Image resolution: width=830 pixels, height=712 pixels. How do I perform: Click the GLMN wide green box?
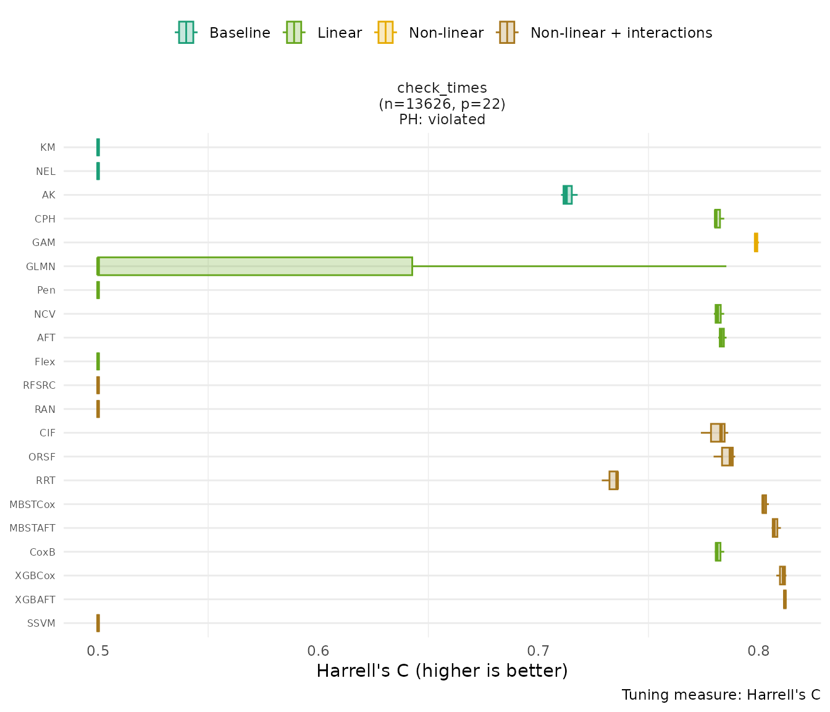coord(254,266)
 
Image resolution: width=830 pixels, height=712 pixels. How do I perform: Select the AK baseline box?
coord(567,195)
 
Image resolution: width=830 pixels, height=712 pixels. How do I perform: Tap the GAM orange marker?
coord(756,242)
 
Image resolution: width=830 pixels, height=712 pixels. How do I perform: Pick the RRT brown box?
coord(613,480)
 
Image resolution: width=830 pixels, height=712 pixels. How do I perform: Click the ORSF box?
coord(727,457)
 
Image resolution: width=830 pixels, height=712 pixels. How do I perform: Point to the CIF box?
coord(717,433)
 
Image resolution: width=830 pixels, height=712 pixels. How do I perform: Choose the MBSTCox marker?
coord(764,504)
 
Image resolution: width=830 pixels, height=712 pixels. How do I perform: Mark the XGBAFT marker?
coord(784,600)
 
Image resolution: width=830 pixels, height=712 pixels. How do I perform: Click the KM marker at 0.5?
coord(98,147)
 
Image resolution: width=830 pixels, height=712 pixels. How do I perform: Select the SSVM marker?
coord(98,623)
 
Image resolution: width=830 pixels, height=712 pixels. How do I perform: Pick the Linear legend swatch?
coord(293,33)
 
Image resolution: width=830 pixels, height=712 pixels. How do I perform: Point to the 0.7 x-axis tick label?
coord(539,651)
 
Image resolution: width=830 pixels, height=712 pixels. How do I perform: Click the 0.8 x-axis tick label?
coord(758,651)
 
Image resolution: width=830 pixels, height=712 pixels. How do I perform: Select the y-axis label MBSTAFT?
coord(32,528)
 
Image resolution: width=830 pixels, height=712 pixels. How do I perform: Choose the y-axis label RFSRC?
coord(39,386)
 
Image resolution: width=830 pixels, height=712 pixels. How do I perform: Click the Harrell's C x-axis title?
coord(442,671)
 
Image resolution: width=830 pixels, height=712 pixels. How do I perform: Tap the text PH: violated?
coord(442,120)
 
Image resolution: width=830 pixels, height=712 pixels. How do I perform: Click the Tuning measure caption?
coord(721,695)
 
